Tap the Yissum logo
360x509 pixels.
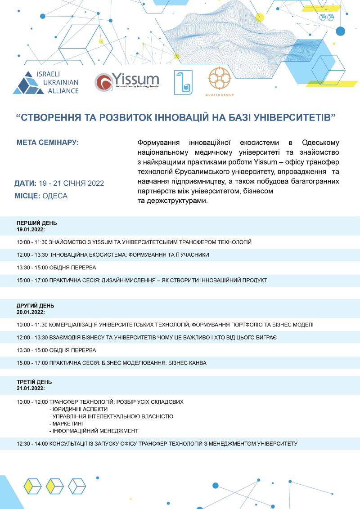click(127, 81)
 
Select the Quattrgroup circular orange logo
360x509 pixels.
click(219, 78)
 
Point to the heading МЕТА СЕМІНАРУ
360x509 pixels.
click(47, 143)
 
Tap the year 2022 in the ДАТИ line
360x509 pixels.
click(95, 183)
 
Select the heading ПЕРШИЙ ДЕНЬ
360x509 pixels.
click(37, 223)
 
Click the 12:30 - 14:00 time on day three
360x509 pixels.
click(32, 443)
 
